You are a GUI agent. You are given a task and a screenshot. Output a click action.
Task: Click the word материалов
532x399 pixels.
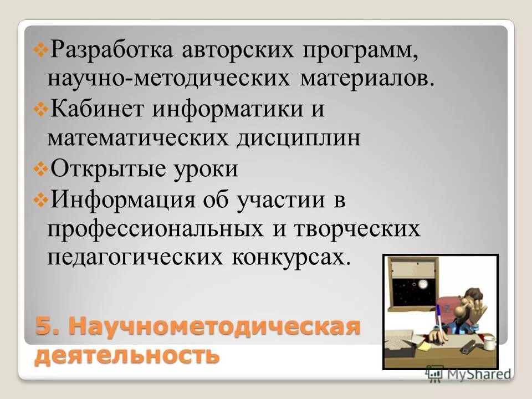[366, 78]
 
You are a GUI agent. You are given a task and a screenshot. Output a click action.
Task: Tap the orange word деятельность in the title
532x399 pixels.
[127, 355]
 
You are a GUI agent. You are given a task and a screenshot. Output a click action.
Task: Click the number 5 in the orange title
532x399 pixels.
[44, 326]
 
